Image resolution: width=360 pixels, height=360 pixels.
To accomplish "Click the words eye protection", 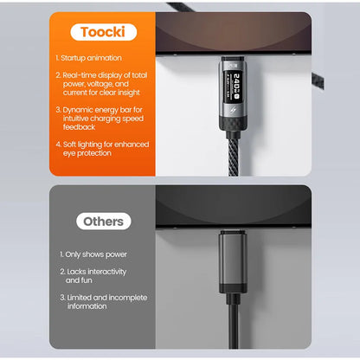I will (x=87, y=153).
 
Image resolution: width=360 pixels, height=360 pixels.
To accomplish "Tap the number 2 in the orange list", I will (x=57, y=75).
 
